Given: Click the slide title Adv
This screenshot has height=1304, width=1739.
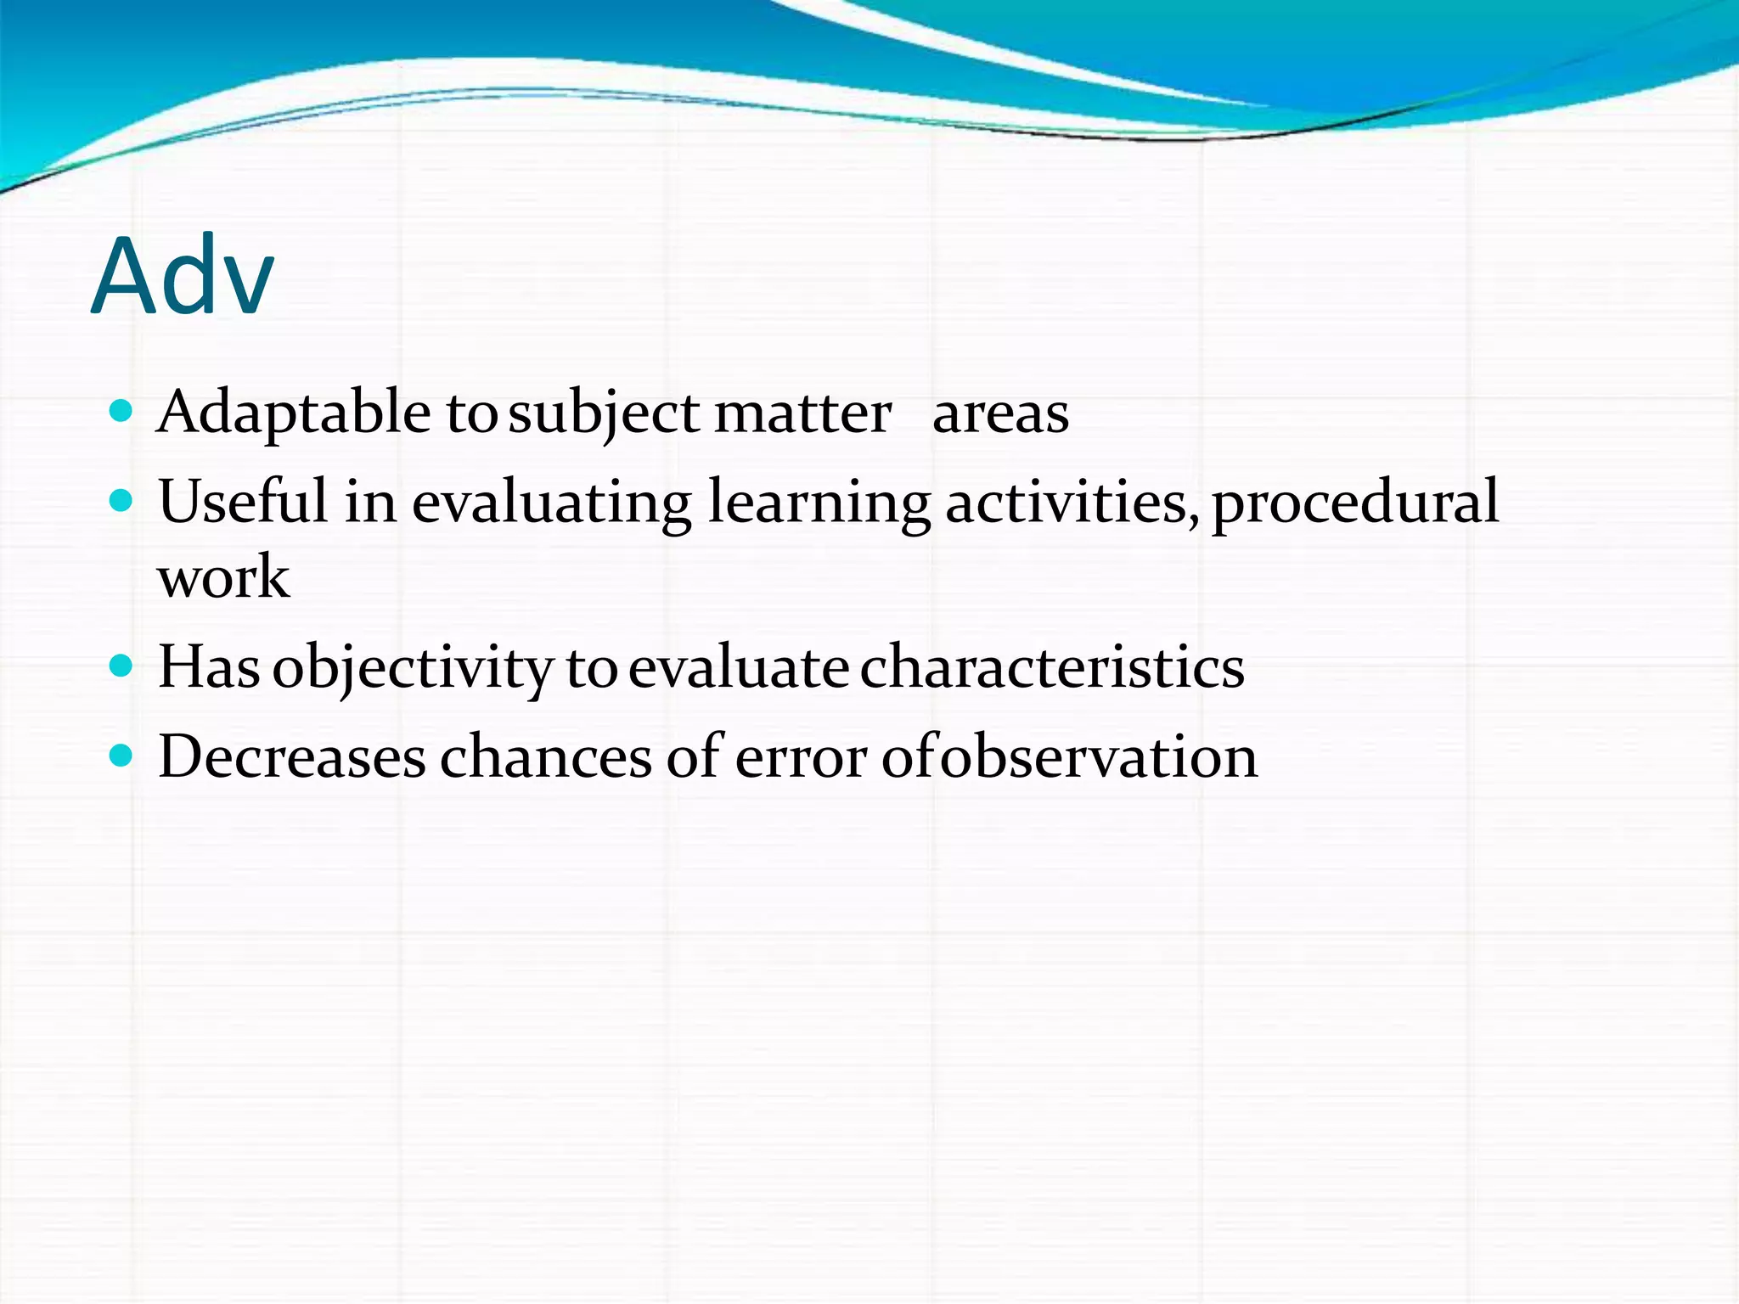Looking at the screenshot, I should (183, 276).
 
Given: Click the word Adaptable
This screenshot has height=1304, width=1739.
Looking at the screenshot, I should (294, 413).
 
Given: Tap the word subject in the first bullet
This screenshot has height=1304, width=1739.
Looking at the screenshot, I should (604, 413).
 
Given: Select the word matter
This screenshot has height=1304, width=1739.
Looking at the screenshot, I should (802, 413).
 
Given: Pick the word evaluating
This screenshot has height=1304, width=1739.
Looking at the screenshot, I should (552, 503).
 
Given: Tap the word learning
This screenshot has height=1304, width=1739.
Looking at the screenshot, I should (819, 503).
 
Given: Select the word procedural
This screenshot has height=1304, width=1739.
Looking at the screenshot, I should (1355, 503).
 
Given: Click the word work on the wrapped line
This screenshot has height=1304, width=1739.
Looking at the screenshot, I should (223, 577).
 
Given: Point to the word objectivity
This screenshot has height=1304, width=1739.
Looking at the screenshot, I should (413, 668).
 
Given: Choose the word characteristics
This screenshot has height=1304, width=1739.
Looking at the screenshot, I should (1052, 667).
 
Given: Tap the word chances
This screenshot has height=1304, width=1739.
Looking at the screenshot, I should (546, 756).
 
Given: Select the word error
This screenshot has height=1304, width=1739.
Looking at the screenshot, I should (801, 758).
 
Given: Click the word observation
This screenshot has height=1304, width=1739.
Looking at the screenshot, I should (1099, 756).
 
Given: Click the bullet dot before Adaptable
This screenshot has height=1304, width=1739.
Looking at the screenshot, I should (121, 412).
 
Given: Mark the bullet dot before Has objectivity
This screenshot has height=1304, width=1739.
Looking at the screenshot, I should (121, 665).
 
